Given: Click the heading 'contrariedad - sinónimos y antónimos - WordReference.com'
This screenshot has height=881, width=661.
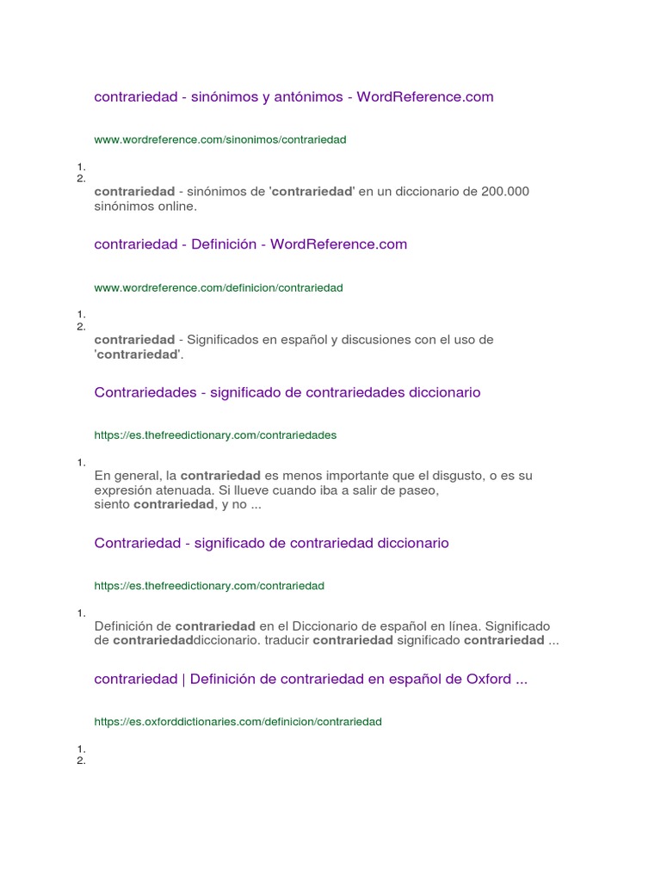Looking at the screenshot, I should pos(293,97).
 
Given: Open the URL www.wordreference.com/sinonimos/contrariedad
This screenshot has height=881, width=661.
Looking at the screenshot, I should pos(220,139).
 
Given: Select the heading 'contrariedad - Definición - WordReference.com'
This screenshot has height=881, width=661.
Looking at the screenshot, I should pos(250,244).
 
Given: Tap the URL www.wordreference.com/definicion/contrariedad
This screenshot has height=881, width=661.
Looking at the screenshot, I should pos(219,288).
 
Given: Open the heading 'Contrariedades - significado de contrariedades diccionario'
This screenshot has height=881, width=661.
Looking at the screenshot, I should pos(287,392).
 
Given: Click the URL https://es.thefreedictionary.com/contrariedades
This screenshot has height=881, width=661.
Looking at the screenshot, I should pos(215,435).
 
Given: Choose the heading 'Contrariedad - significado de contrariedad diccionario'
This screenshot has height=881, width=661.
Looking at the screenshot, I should pos(271,543).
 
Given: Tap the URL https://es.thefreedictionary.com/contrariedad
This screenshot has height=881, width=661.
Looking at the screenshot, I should pos(209,586).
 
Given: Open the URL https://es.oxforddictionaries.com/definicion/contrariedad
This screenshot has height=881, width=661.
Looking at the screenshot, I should pos(238,722).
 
